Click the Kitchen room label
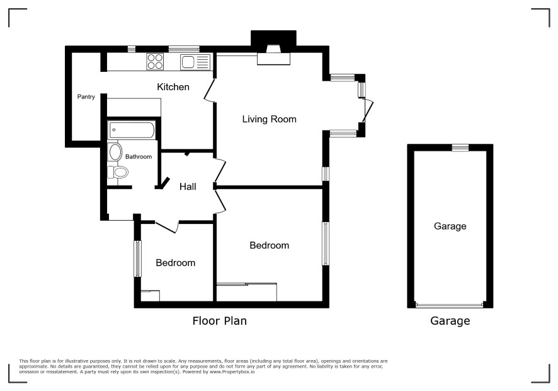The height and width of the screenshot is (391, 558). [x=173, y=87]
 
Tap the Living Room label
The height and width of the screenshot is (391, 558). [x=269, y=119]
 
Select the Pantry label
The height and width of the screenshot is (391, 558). [x=86, y=96]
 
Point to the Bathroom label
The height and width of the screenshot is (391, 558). [x=139, y=156]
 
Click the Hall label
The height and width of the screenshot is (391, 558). [x=188, y=187]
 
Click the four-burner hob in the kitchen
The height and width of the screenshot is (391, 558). [x=155, y=61]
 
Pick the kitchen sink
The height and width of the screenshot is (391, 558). [x=195, y=62]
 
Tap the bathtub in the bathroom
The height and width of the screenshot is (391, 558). [x=132, y=130]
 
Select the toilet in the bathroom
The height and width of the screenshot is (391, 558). [x=118, y=172]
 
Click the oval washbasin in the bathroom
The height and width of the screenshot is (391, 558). [x=115, y=152]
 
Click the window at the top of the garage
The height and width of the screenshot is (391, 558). [x=460, y=148]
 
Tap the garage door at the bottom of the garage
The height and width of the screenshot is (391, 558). [x=450, y=305]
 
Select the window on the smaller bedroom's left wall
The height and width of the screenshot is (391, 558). [x=137, y=259]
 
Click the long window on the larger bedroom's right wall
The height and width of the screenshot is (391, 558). [x=325, y=243]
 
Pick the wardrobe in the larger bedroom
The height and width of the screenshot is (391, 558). [x=247, y=292]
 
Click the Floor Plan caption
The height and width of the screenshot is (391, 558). [x=220, y=321]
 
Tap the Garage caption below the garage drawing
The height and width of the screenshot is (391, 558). [x=450, y=321]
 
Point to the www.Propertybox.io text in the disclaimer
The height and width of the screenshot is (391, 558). [x=232, y=371]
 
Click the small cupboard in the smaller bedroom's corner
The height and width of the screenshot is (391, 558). [x=150, y=296]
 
